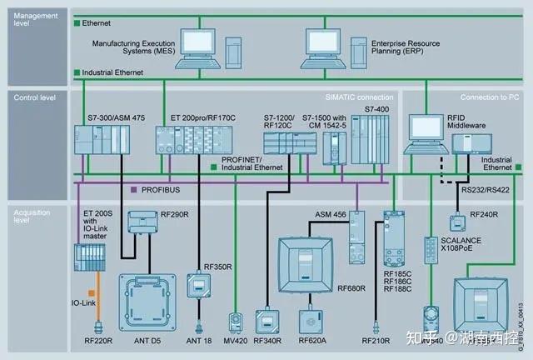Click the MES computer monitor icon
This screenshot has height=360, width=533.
click(199, 42)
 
